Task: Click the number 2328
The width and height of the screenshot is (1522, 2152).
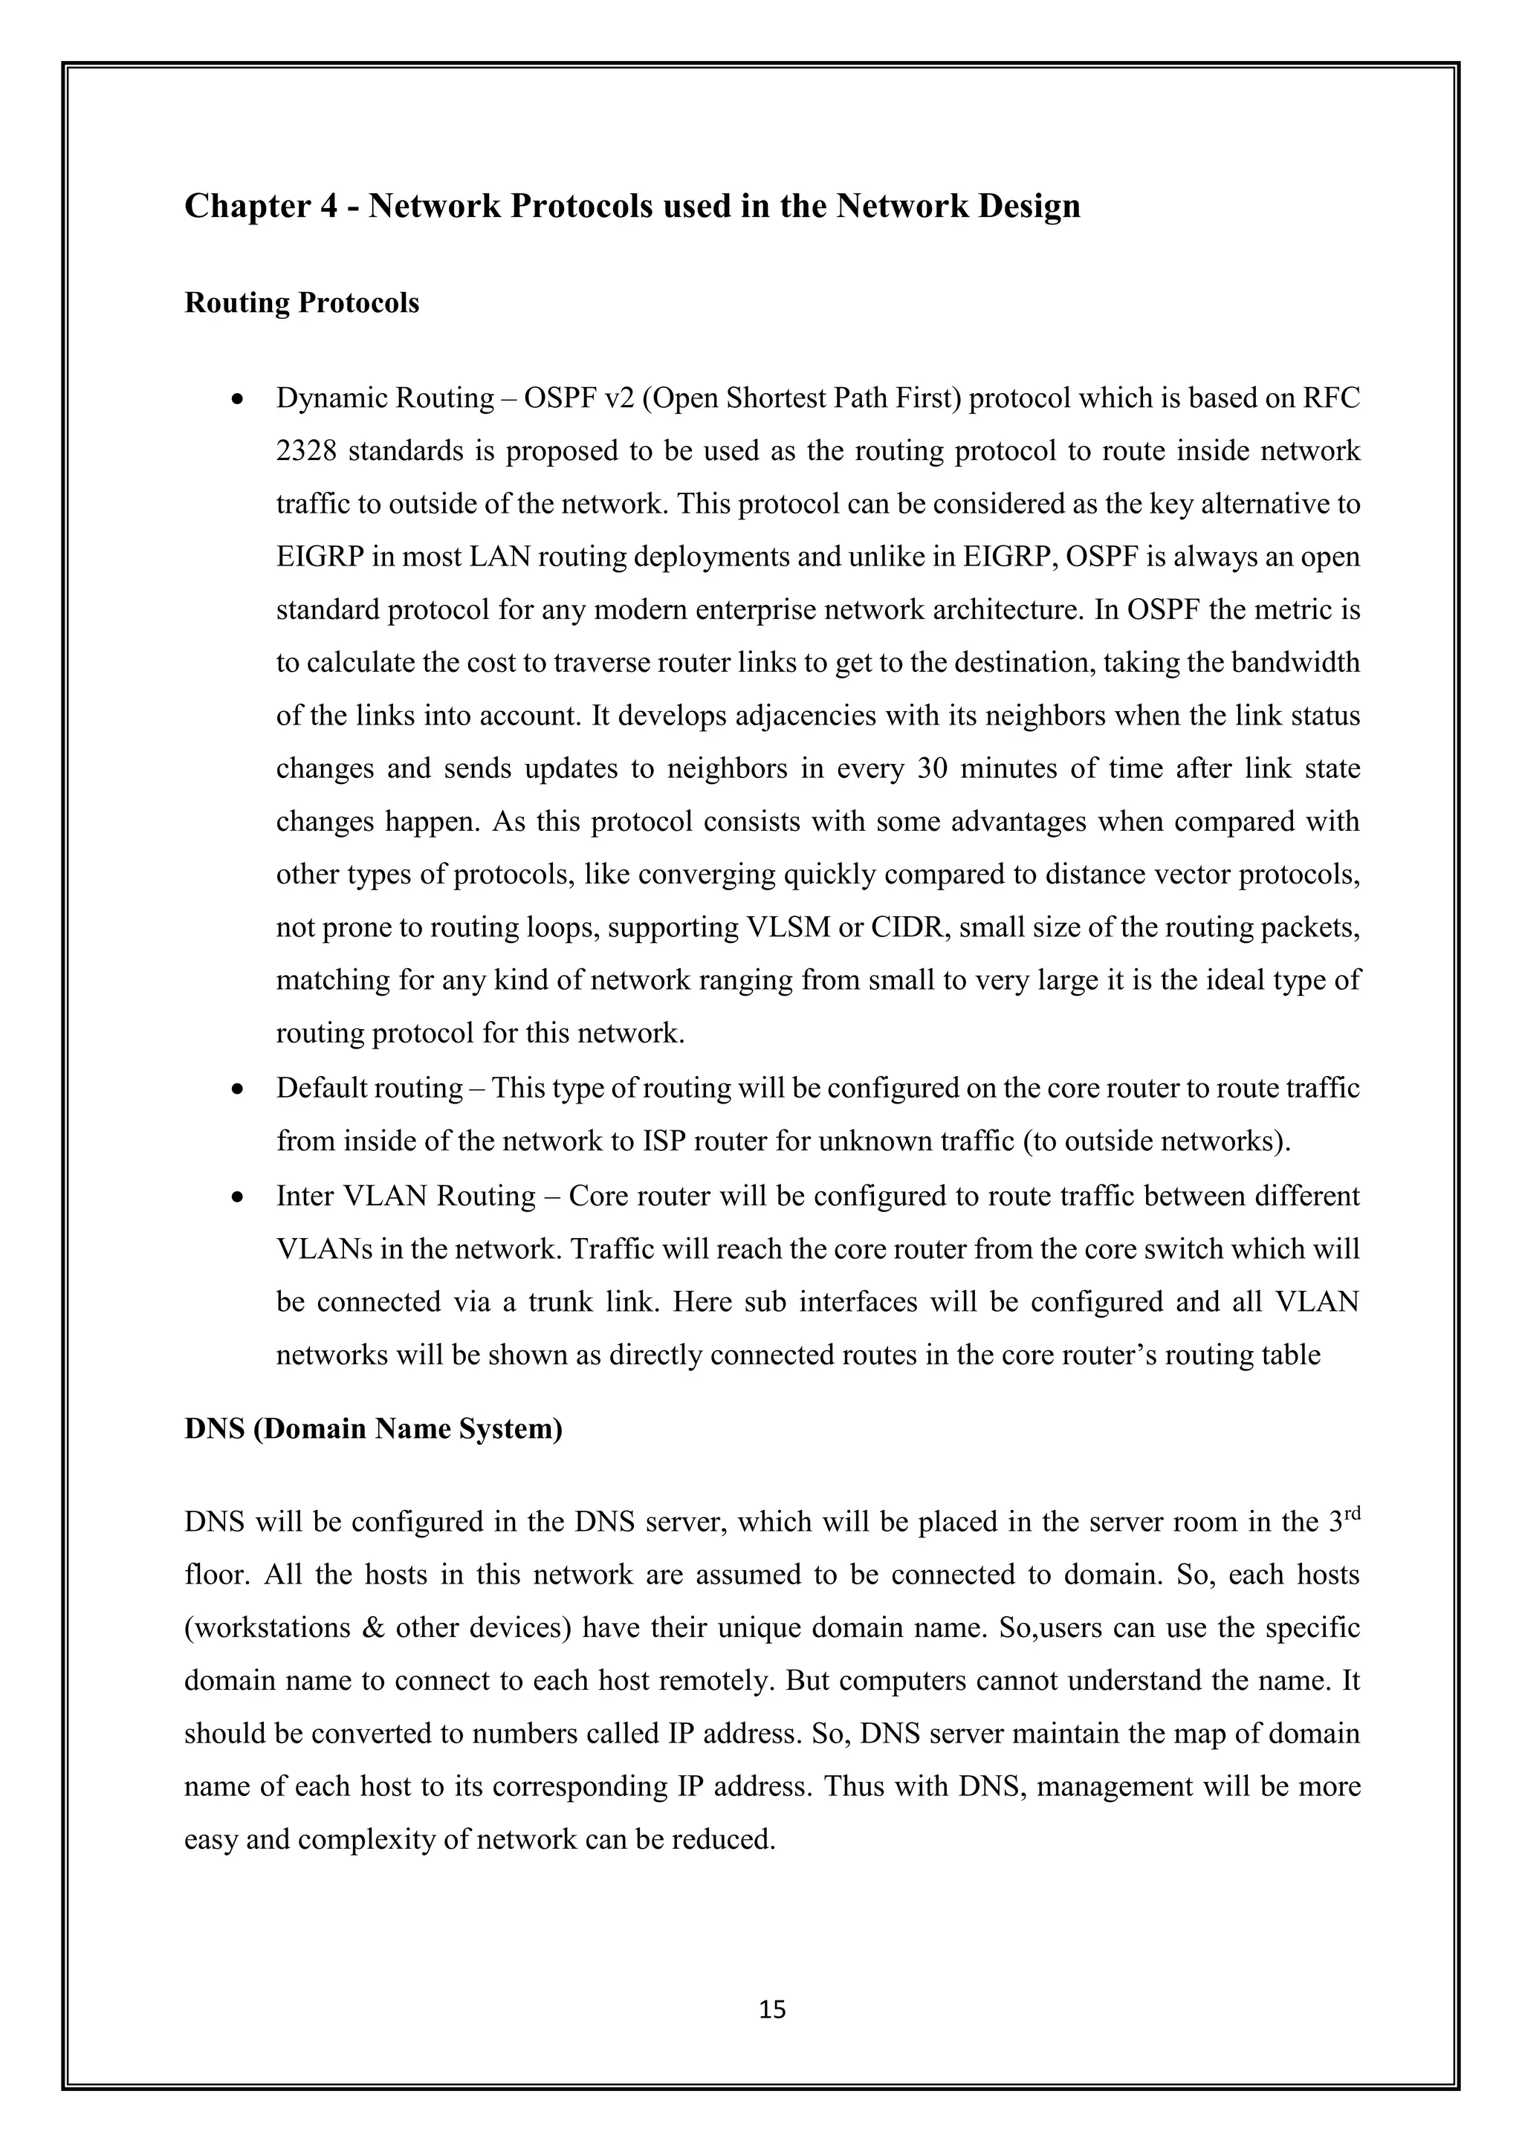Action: point(305,452)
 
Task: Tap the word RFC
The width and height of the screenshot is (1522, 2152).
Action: point(1331,398)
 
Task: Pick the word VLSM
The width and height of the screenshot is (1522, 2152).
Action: point(787,927)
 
